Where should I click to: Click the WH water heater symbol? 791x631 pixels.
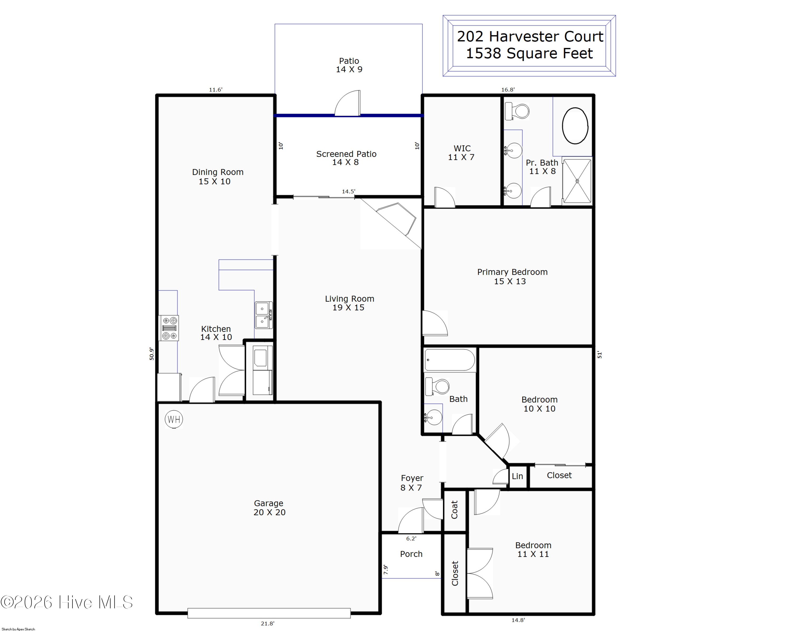[174, 419]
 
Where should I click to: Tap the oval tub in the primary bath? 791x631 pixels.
[575, 126]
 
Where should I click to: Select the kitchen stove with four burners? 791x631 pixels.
[169, 328]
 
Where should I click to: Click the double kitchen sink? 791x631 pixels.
[264, 315]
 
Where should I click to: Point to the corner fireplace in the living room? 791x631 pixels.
[396, 219]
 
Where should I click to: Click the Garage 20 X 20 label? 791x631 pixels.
[269, 508]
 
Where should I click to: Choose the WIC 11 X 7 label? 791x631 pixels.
[461, 153]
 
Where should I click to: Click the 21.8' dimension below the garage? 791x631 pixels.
[267, 623]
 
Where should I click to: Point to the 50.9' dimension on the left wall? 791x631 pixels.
[152, 354]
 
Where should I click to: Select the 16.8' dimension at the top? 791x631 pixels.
[508, 89]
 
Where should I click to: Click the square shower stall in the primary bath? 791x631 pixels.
[577, 181]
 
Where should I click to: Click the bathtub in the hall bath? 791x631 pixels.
[450, 360]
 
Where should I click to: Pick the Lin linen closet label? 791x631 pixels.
[517, 476]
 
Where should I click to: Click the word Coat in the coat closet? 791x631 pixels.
[455, 510]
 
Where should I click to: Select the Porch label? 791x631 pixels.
[411, 554]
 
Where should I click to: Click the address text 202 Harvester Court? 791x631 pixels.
[530, 36]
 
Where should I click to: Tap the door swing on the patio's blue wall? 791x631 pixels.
[348, 103]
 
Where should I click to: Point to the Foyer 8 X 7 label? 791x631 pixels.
[412, 483]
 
